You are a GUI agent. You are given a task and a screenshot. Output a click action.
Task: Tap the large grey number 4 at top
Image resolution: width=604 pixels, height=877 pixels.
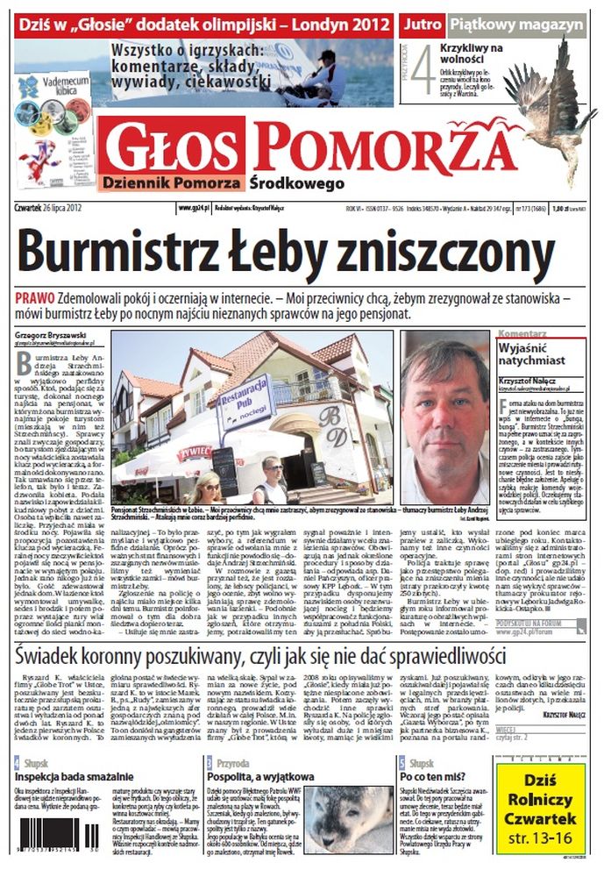[x=423, y=71]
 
